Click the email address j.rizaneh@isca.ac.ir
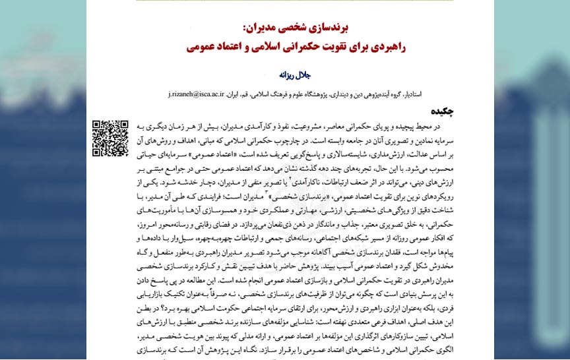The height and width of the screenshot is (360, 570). click(197, 95)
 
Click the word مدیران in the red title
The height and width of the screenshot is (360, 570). click(262, 29)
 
